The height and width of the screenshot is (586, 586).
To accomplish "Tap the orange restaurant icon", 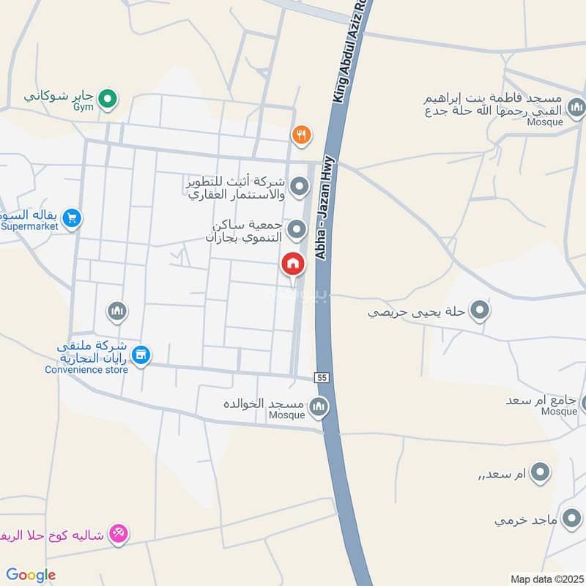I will click(300, 135).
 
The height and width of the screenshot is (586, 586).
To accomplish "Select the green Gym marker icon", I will click(108, 98).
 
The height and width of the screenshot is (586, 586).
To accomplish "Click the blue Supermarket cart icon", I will click(71, 218).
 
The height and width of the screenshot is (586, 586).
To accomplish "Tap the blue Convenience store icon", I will click(142, 355).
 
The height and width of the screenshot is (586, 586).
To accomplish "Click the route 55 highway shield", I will click(322, 377).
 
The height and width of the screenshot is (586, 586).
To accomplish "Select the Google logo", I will click(31, 575).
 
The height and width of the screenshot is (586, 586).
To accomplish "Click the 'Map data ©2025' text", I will click(546, 579).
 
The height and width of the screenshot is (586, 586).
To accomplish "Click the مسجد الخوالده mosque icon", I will click(318, 407).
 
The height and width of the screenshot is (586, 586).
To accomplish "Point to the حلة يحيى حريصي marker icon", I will click(480, 311).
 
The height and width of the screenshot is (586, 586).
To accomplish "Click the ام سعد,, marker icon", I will click(540, 472).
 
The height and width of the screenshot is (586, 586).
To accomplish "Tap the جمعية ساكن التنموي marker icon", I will click(297, 230).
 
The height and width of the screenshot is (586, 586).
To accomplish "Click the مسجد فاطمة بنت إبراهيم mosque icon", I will click(577, 109).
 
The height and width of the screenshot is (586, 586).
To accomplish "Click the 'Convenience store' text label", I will click(86, 369).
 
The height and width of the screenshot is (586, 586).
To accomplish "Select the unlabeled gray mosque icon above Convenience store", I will click(116, 313).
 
